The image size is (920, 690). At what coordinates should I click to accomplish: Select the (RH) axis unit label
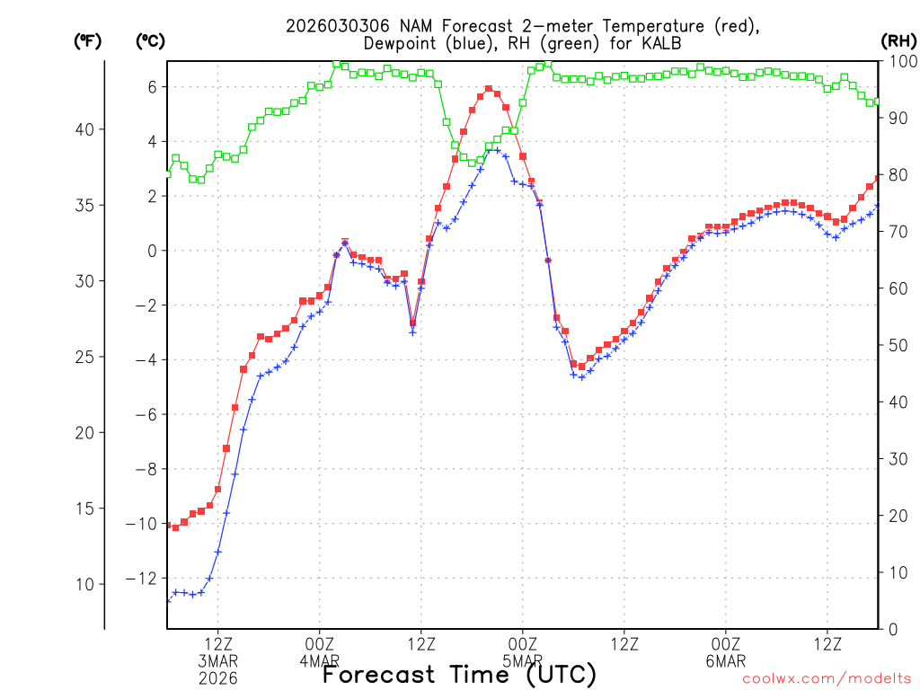[898, 40]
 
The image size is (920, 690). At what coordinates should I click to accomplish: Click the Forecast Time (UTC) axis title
[459, 674]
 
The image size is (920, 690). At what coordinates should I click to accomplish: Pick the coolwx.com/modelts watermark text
[825, 679]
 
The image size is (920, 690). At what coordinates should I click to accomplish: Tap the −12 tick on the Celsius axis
[146, 578]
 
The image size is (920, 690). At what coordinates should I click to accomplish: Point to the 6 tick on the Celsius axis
[153, 87]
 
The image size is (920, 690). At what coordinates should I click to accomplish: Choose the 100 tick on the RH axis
[898, 61]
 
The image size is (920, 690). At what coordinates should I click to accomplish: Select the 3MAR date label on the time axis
[217, 662]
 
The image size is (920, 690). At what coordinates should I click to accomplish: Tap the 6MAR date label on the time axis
[726, 662]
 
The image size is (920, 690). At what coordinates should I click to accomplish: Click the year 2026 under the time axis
[217, 678]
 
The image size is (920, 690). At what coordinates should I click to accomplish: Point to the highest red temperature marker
[489, 89]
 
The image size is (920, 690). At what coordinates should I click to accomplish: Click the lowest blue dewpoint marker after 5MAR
[582, 377]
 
